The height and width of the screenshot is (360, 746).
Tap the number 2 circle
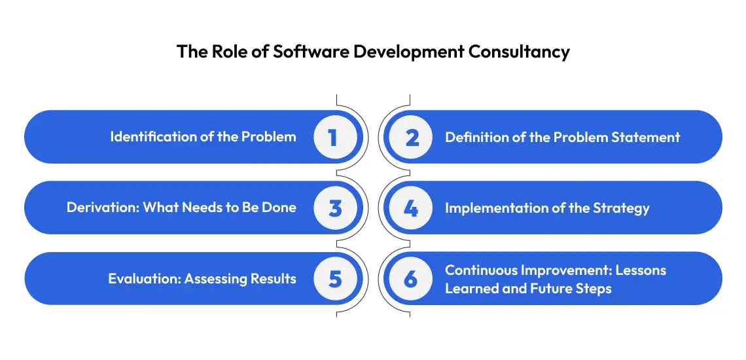pyautogui.click(x=411, y=137)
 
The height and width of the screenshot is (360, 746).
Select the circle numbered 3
pyautogui.click(x=335, y=208)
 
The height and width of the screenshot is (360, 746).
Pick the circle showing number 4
pyautogui.click(x=411, y=208)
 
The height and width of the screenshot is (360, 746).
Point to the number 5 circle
pyautogui.click(x=335, y=279)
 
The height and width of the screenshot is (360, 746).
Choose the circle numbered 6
pyautogui.click(x=411, y=279)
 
